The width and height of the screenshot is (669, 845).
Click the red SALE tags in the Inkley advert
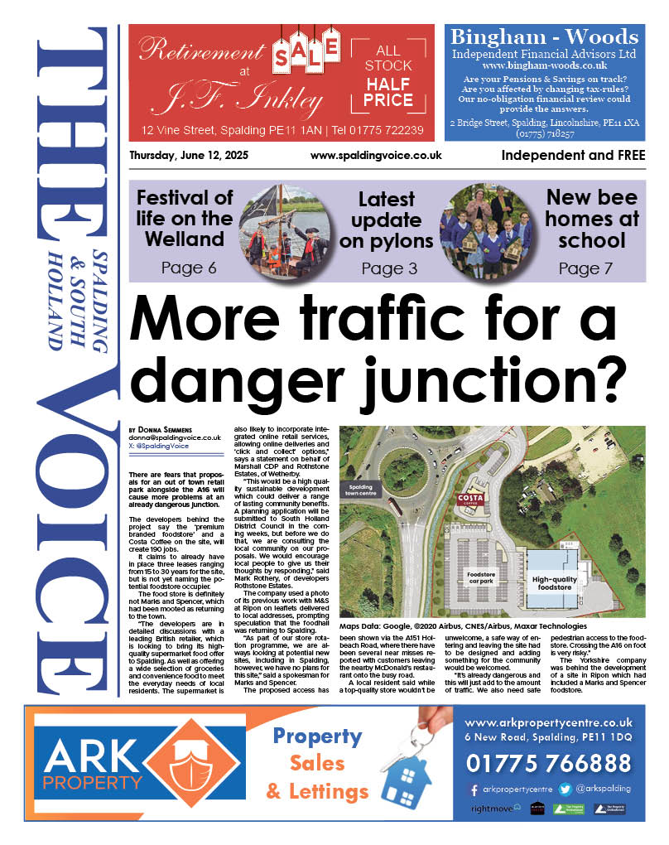tap(306, 53)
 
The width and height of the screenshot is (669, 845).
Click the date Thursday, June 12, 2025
tap(189, 156)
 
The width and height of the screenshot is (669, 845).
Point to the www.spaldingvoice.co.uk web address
tap(376, 156)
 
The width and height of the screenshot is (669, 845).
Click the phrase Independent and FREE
tap(573, 155)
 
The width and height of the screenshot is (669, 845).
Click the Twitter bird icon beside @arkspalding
tap(565, 789)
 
